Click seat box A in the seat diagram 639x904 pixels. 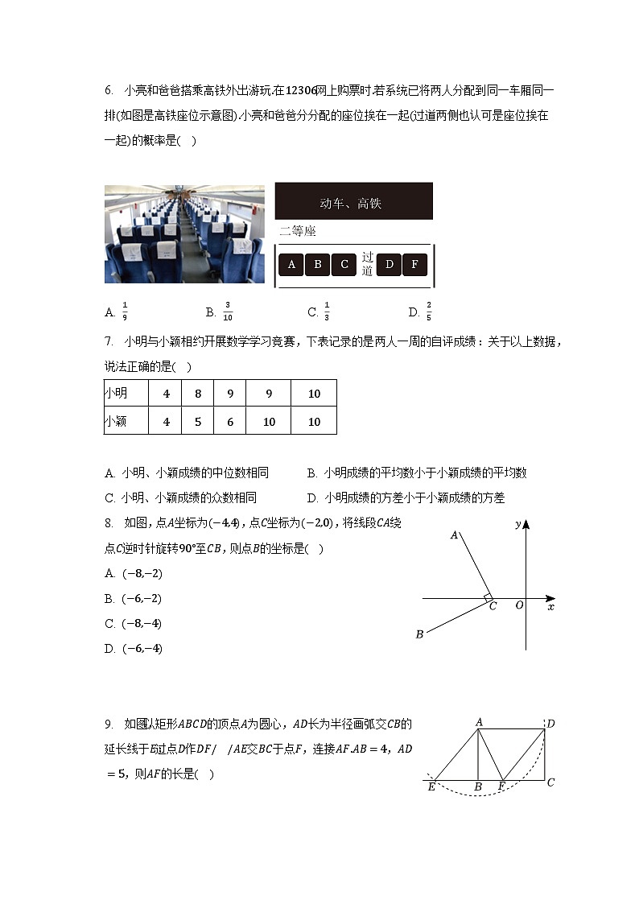click(x=291, y=265)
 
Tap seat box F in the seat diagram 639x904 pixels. click(x=414, y=265)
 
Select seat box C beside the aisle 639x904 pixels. click(x=344, y=265)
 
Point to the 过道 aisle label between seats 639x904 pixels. click(x=367, y=264)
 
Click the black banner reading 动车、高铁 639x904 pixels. click(x=353, y=201)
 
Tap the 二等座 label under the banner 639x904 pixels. click(x=298, y=232)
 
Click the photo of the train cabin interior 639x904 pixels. click(x=184, y=234)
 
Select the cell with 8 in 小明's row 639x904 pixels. click(x=198, y=394)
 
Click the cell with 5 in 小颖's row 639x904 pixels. click(x=198, y=421)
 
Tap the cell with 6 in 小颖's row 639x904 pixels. click(x=230, y=421)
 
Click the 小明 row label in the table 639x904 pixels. click(x=116, y=394)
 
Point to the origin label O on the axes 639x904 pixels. click(x=519, y=605)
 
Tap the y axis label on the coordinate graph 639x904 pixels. click(x=517, y=525)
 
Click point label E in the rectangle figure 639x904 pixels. click(x=431, y=786)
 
